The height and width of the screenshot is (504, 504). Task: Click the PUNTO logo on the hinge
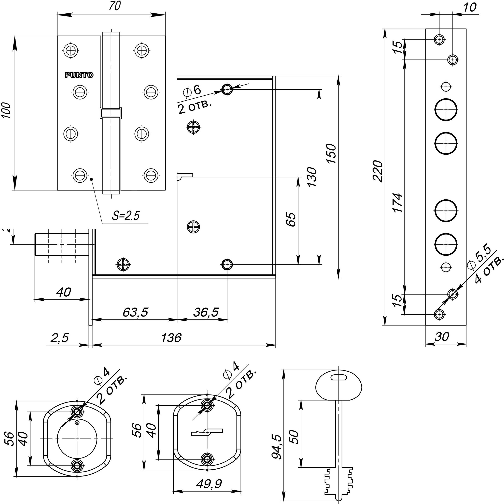pos(79,75)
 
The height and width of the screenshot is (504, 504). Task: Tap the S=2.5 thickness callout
pos(126,216)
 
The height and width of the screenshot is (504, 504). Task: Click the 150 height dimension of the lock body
pos(332,153)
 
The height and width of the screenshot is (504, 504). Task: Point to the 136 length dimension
pos(171,338)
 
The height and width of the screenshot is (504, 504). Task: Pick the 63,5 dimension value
pos(135,312)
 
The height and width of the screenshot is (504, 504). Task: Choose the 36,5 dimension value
pos(206,312)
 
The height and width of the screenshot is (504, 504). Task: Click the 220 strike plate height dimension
pos(378,171)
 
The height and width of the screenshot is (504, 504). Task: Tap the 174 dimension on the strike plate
pos(398,203)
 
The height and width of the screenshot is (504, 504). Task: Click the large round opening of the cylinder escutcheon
pos(77,438)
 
